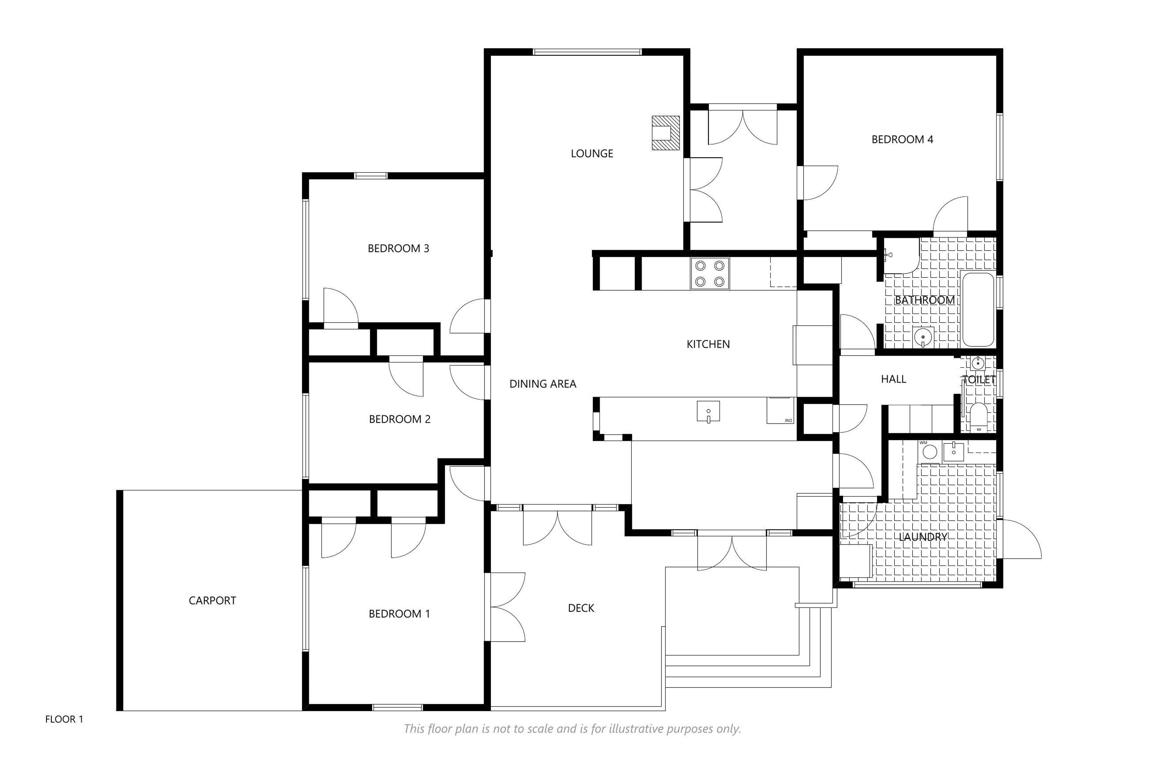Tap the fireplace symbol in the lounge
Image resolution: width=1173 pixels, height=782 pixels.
(x=665, y=133)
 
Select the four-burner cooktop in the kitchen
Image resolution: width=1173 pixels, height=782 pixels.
(x=709, y=273)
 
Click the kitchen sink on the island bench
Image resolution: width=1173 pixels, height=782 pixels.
(x=708, y=411)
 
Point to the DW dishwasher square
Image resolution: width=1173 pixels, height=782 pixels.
(x=780, y=411)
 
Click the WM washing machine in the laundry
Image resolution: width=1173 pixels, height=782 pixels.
(x=929, y=451)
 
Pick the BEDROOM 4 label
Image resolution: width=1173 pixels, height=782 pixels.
(x=902, y=140)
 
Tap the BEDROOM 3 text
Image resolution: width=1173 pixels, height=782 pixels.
(x=398, y=248)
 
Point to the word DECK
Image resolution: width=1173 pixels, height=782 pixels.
(x=581, y=608)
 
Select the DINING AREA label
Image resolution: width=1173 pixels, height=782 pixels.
(x=543, y=384)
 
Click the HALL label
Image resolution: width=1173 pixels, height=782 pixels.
(x=893, y=379)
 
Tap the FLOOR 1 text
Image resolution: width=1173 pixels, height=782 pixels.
(x=64, y=719)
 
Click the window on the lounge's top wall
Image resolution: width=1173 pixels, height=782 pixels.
(x=587, y=52)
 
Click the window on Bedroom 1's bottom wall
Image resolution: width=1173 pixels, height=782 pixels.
(x=397, y=707)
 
